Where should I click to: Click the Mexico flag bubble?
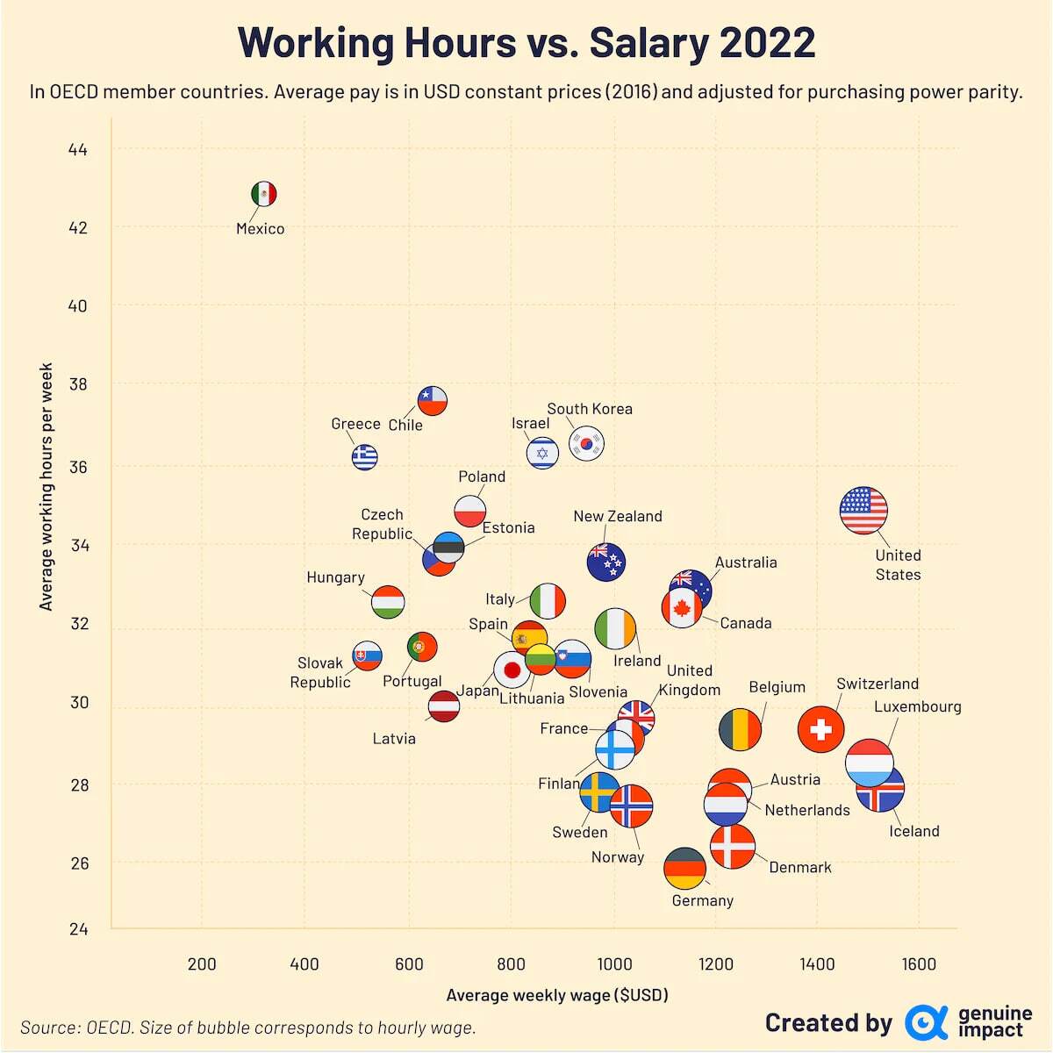click(x=263, y=194)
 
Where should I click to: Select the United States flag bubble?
click(x=863, y=511)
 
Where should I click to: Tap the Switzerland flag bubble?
click(x=821, y=729)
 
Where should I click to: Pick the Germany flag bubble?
click(x=684, y=869)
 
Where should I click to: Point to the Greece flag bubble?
click(x=364, y=456)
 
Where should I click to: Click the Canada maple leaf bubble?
click(x=682, y=607)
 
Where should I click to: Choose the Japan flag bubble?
click(x=512, y=670)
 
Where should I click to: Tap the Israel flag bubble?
click(x=542, y=453)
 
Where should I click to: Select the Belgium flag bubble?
click(x=740, y=729)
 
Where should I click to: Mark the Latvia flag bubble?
click(x=444, y=706)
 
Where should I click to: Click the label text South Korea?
click(x=590, y=409)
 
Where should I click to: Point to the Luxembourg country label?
click(x=917, y=706)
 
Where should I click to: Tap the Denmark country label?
click(x=799, y=867)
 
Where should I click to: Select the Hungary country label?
click(x=335, y=577)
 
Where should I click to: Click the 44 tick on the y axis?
click(x=78, y=150)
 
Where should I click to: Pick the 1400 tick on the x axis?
click(x=817, y=964)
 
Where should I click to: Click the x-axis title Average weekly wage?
click(x=557, y=995)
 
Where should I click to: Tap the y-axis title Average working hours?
click(x=47, y=487)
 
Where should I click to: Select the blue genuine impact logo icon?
click(x=926, y=1022)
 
